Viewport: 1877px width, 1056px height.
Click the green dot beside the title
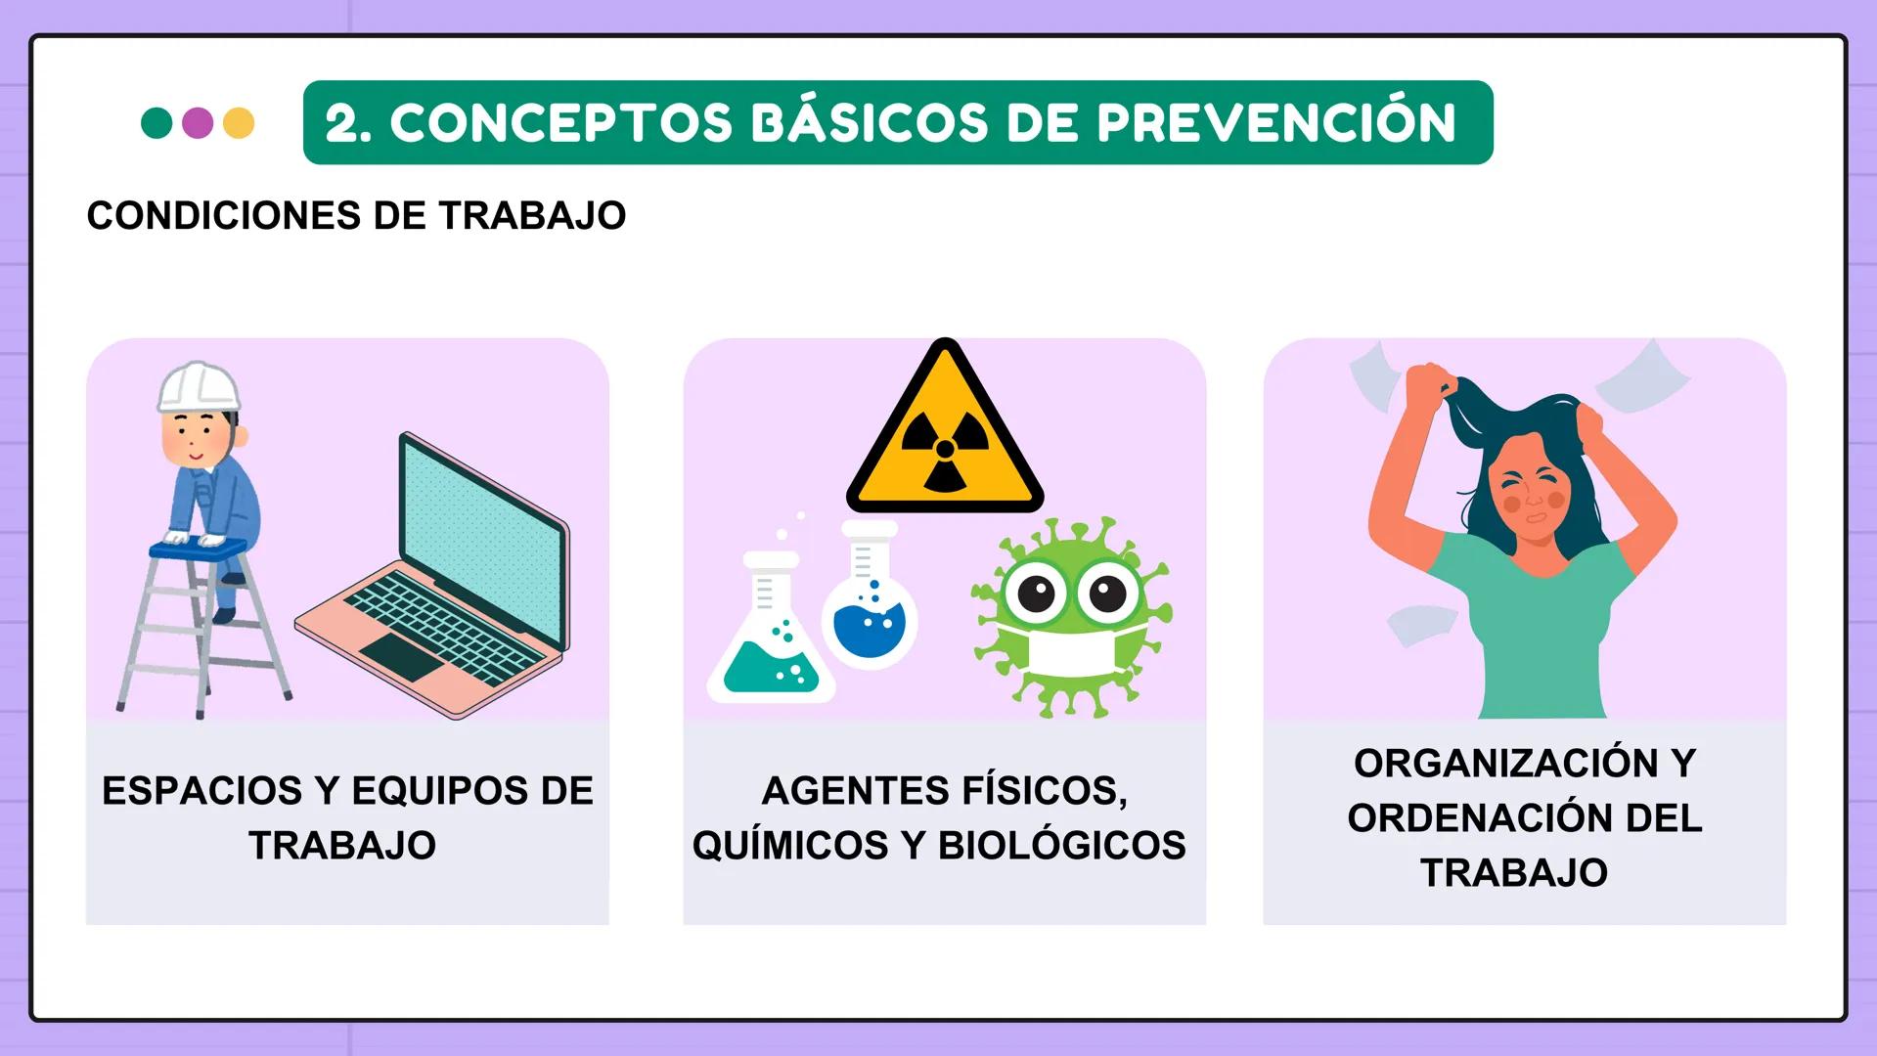[156, 123]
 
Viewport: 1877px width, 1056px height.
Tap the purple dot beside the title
[198, 123]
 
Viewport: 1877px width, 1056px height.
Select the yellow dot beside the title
[239, 123]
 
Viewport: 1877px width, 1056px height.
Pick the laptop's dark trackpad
[402, 656]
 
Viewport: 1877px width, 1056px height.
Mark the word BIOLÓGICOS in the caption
[1062, 846]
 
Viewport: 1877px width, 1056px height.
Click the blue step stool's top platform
[197, 550]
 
